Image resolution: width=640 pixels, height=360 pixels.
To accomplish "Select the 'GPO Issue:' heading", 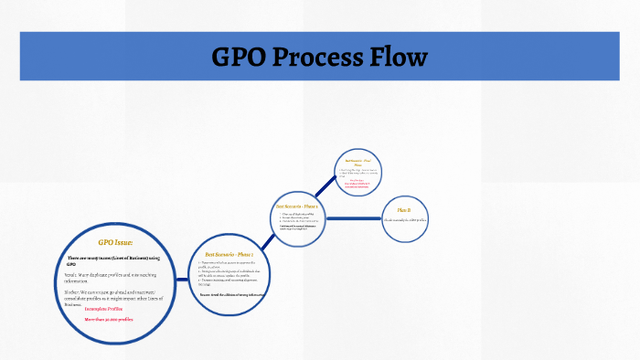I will coord(116,242).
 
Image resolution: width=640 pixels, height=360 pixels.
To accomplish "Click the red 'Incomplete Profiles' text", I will coord(102,309).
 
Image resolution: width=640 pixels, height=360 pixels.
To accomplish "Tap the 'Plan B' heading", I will coord(403,210).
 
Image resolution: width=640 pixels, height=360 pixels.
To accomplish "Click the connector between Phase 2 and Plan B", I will coord(352,217).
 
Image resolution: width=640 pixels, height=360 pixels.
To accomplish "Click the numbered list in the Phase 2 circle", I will coord(297,217).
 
